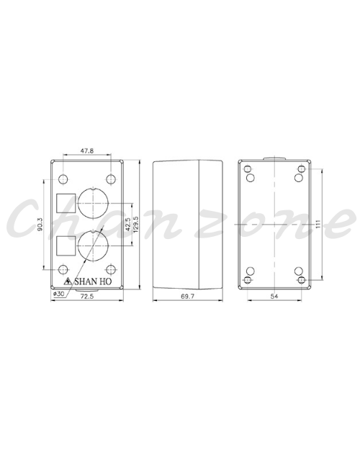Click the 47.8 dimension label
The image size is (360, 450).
pos(87,150)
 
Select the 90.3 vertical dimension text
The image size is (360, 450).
pos(40,224)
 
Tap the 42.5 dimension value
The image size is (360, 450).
pos(128,224)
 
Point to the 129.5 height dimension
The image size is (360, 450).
pos(136,224)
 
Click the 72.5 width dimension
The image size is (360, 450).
pos(87,296)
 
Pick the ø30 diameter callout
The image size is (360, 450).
pos(58,294)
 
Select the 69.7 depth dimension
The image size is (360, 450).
pos(187,296)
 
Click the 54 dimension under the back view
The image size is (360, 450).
pos(274,296)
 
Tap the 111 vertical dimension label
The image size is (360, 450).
pos(318,224)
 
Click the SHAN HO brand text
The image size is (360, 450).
pos(93,282)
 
